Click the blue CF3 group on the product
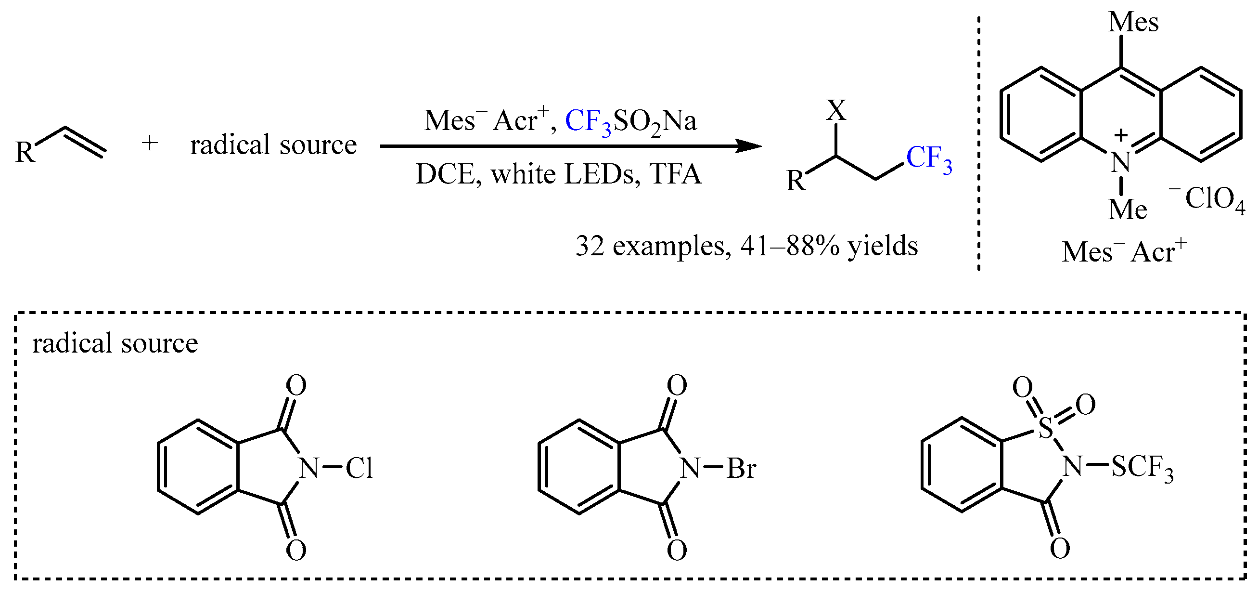click(928, 159)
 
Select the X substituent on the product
click(836, 110)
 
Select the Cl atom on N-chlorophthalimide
click(359, 468)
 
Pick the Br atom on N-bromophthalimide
click(741, 468)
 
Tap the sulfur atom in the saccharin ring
click(1046, 428)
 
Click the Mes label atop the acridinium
click(1133, 22)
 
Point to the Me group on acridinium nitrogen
click(1128, 209)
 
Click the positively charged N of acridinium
click(1121, 162)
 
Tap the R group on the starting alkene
click(26, 152)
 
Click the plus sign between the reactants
click(150, 144)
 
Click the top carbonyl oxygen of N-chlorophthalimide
click(296, 385)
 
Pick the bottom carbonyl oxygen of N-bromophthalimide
click(677, 550)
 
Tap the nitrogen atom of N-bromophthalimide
click(690, 468)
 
